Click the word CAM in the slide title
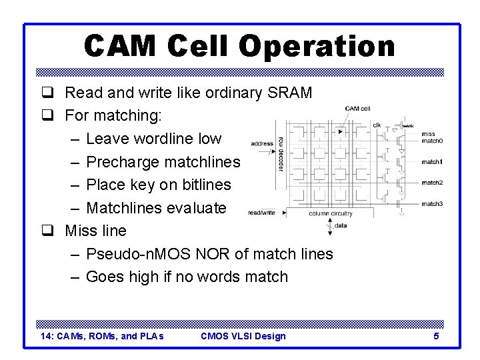tap(120, 46)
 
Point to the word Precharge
tap(123, 162)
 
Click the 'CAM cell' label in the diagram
tap(357, 109)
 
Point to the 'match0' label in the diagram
tap(432, 141)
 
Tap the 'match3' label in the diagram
tap(432, 203)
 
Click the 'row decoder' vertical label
tap(281, 154)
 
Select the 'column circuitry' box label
tap(331, 213)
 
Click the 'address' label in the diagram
tap(262, 143)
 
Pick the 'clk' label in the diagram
tap(377, 125)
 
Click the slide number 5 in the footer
tap(436, 336)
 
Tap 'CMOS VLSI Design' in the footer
tap(243, 336)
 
